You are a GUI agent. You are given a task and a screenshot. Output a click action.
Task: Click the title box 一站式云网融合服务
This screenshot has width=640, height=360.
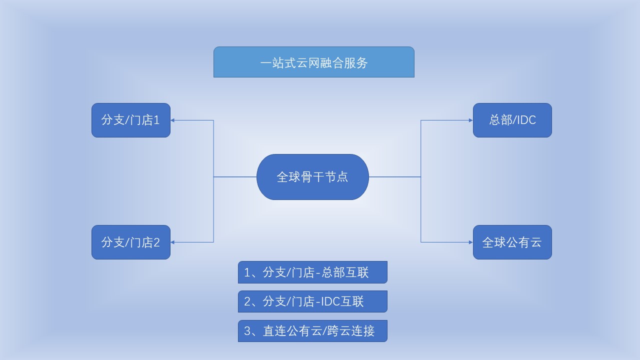tap(313, 62)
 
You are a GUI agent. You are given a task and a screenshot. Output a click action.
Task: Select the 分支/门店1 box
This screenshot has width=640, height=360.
tap(131, 120)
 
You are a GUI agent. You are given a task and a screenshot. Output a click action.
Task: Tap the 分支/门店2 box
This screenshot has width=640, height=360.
tap(131, 242)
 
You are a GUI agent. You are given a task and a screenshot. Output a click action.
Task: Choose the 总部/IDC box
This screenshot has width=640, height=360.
tap(512, 120)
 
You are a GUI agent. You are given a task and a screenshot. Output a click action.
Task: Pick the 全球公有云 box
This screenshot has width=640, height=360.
tap(512, 242)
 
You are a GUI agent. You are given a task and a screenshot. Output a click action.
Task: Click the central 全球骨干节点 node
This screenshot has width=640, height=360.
tap(312, 177)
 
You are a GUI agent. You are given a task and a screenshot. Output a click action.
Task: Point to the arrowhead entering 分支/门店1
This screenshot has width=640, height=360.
tap(172, 120)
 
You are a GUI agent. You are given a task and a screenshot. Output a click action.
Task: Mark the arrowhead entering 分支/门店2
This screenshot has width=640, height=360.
tap(172, 242)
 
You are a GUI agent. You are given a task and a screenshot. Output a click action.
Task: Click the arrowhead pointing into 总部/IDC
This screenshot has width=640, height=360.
tap(471, 120)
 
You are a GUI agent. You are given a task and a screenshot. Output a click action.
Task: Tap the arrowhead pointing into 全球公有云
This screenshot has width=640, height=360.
tap(471, 242)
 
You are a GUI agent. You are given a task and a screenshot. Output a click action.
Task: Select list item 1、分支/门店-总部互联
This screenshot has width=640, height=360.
tap(312, 272)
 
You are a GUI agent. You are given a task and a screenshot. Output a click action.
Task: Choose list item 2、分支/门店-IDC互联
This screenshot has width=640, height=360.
tap(312, 301)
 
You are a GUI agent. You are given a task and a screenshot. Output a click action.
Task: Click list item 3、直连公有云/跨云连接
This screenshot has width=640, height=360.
tap(312, 331)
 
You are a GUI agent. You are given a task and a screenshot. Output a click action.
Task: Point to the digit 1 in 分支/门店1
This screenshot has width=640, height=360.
tap(156, 120)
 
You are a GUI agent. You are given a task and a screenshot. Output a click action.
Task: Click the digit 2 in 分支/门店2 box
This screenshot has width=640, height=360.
tap(156, 242)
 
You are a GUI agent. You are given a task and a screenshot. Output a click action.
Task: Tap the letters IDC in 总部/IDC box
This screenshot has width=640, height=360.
tap(525, 120)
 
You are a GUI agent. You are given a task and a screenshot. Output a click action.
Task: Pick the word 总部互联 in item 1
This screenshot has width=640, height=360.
tap(345, 272)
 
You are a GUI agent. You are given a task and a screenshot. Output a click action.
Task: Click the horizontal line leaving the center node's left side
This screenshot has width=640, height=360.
tap(235, 177)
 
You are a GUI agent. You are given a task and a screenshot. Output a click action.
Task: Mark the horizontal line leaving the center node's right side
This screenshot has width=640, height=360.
tap(395, 177)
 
